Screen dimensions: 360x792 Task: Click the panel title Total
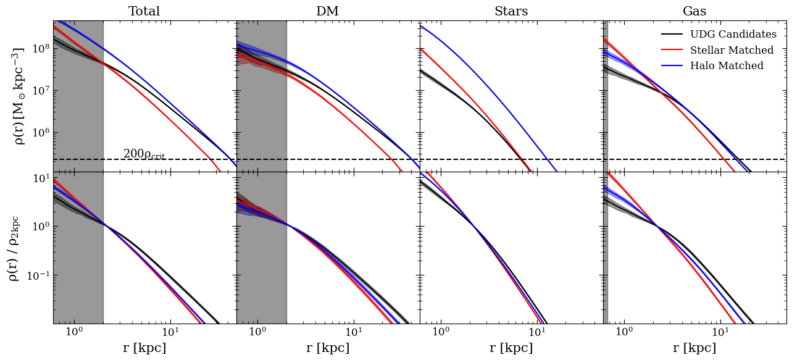[144, 12]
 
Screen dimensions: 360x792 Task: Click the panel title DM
[327, 12]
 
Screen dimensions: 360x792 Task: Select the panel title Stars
[511, 12]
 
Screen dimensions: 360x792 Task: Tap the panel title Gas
[694, 12]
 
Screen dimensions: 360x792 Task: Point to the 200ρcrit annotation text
[144, 154]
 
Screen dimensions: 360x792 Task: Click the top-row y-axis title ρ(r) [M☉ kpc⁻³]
[19, 96]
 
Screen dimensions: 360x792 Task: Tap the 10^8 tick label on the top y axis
[41, 49]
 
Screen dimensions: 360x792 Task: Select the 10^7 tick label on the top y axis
[41, 91]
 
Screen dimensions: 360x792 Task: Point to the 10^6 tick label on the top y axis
[41, 133]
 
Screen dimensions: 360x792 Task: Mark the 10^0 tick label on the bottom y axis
[41, 227]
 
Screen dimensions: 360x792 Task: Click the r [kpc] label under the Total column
[144, 348]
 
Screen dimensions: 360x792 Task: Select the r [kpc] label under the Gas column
[694, 348]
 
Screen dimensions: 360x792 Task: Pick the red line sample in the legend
[672, 51]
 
